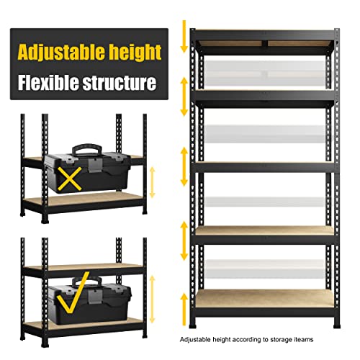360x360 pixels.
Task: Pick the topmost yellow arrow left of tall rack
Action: [184, 35]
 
